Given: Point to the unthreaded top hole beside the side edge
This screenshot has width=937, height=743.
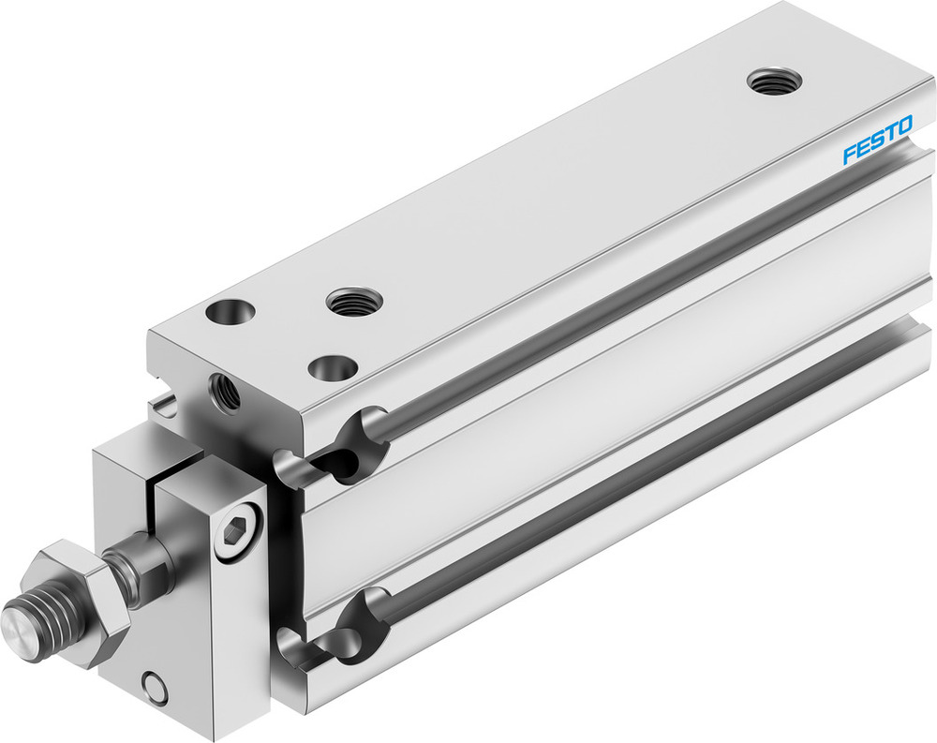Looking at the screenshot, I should click(333, 367).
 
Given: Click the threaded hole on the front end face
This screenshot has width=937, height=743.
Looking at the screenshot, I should click(224, 391).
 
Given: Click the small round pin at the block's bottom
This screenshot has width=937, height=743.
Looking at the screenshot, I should click(155, 687).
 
